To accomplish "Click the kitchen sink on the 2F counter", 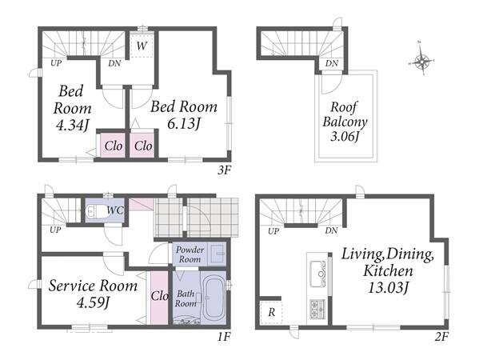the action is coord(318,274).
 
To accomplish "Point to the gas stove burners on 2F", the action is coord(317,309).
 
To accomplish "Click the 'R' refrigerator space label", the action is coord(271,312).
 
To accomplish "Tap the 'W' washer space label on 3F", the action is coord(142,46).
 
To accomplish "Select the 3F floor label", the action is coord(223,170).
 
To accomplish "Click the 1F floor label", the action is coord(223,337).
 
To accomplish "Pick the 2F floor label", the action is coord(441,337).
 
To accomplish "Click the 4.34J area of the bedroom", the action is coord(72,125).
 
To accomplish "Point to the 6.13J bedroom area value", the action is coord(184,123).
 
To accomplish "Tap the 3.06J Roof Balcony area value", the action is coord(345,136).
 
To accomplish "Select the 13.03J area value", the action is coord(389,287).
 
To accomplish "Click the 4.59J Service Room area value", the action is coord(93,303).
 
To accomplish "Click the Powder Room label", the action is coord(190,254).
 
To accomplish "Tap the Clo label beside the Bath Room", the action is coord(159,296).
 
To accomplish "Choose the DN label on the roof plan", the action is coord(331,63).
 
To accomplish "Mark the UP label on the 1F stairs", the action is coord(55,230).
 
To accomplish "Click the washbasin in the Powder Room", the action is coord(217,254).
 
